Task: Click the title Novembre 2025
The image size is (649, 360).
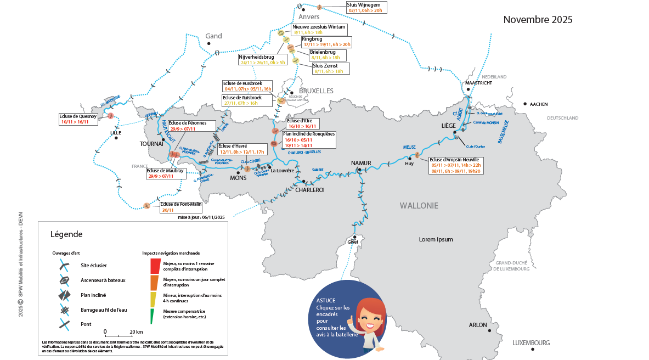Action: (x=538, y=20)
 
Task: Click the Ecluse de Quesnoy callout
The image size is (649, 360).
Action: (x=78, y=119)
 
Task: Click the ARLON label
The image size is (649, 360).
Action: (x=478, y=325)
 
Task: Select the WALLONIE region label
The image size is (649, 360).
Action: (x=419, y=206)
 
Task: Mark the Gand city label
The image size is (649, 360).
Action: (x=213, y=36)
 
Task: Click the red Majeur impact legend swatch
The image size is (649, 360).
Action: (x=155, y=266)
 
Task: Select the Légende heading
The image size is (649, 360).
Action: (x=66, y=234)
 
